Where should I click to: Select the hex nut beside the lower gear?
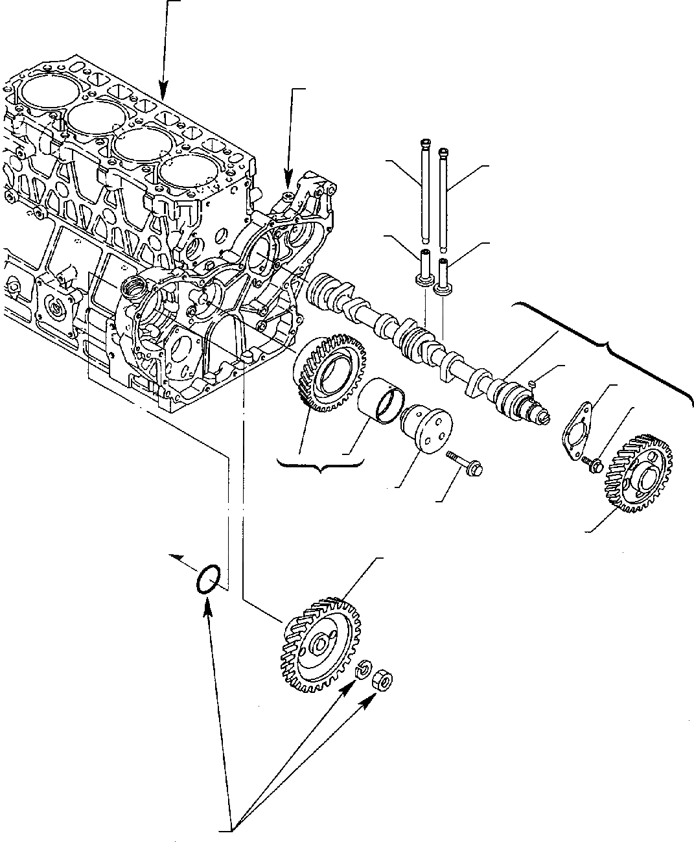click(x=382, y=681)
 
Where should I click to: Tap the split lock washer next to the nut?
click(x=364, y=668)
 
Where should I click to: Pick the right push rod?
click(x=443, y=198)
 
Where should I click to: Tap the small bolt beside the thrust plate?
click(x=592, y=462)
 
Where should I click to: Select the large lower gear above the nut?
click(x=319, y=644)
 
